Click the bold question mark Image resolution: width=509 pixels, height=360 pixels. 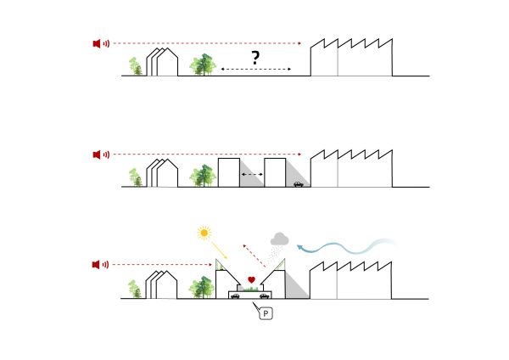tap(255, 58)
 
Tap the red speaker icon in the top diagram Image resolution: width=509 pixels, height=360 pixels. tap(98, 43)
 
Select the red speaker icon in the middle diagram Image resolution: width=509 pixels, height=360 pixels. tap(98, 154)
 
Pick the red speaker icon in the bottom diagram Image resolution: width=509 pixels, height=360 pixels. tap(98, 265)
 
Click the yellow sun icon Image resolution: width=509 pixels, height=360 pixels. tap(204, 232)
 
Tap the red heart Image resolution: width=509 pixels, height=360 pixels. tap(252, 279)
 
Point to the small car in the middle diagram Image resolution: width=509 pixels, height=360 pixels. tap(298, 183)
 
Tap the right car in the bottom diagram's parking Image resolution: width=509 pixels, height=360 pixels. tap(266, 295)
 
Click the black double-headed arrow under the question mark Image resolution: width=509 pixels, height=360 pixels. tap(255, 70)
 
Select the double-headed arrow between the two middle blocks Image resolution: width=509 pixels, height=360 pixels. tap(252, 175)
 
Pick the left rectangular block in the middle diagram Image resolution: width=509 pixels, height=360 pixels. tap(228, 172)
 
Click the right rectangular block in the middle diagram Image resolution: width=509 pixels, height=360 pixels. tap(275, 172)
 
